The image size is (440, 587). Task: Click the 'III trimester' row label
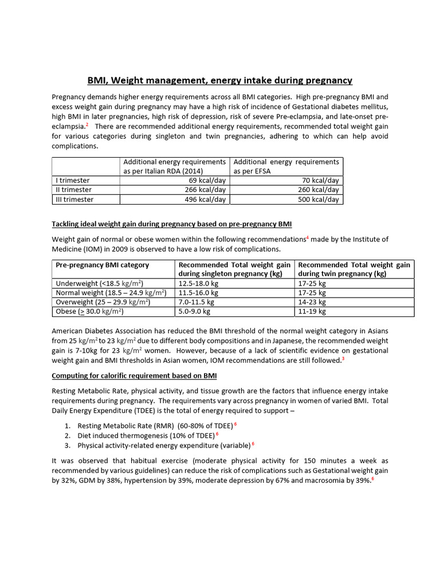click(x=73, y=199)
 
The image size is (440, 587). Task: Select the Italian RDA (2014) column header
click(x=175, y=166)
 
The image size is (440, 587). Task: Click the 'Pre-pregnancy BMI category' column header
click(x=102, y=265)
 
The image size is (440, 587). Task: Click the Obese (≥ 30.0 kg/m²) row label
click(x=89, y=311)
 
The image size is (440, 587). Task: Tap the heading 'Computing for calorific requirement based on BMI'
click(x=134, y=375)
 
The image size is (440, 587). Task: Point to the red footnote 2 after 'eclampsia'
click(x=87, y=124)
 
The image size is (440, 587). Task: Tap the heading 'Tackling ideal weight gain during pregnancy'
click(x=172, y=222)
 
